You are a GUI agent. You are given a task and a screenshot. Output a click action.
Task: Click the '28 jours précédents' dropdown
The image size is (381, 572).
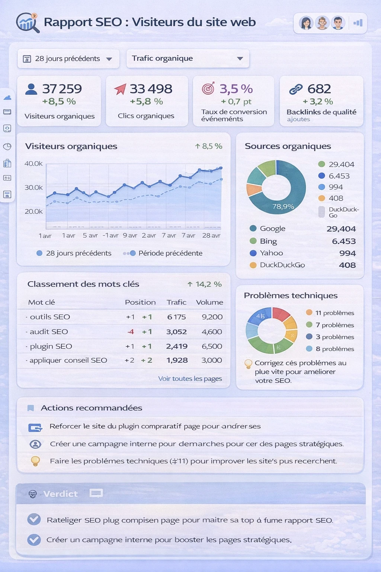point(68,59)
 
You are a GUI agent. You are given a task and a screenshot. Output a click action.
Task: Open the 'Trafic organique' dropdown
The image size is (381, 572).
point(188,58)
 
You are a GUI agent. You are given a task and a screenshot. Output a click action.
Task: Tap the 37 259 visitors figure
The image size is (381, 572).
point(62,89)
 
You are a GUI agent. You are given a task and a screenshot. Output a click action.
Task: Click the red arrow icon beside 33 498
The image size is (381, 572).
point(120,89)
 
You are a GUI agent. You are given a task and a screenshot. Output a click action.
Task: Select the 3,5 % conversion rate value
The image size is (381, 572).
point(236,89)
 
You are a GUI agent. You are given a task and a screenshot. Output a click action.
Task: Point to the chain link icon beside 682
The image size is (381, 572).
point(296,89)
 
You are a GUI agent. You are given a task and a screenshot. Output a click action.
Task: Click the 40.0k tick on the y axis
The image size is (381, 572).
point(33,163)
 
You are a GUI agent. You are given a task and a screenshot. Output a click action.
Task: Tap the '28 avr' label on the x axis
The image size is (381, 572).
point(211,235)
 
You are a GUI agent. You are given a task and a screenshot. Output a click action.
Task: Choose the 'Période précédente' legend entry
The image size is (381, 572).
point(170,253)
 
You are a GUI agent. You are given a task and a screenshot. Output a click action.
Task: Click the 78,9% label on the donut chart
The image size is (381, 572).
point(283,206)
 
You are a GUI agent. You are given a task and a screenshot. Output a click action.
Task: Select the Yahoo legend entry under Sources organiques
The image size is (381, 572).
point(271,253)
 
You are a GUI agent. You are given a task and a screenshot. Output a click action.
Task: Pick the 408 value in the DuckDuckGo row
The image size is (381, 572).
point(347,265)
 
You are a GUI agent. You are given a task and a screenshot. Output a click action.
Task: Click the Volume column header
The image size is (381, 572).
point(209,302)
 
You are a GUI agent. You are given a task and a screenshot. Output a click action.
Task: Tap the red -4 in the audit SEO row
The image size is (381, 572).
point(131,332)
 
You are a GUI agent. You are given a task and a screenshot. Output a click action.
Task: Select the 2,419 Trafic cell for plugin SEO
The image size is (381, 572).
point(177,346)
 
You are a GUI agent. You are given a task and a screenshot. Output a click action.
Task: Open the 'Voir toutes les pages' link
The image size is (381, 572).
point(190,379)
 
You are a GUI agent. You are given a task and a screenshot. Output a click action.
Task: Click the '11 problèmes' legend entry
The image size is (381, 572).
point(334,313)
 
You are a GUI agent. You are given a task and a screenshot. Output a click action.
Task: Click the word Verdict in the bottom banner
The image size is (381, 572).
point(60,494)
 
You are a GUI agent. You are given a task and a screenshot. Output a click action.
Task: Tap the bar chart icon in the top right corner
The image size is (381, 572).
point(358,23)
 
